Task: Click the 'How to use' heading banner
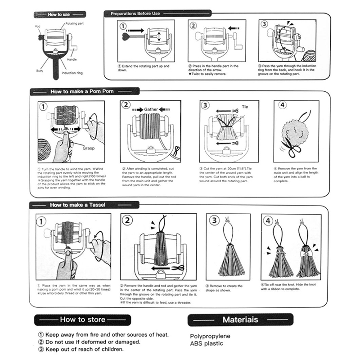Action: click(x=58, y=14)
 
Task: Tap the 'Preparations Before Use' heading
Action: click(x=135, y=13)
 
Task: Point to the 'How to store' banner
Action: click(x=83, y=319)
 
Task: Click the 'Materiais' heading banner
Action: click(x=240, y=319)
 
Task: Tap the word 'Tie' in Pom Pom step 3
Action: click(x=245, y=108)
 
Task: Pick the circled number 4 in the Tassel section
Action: click(x=269, y=221)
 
